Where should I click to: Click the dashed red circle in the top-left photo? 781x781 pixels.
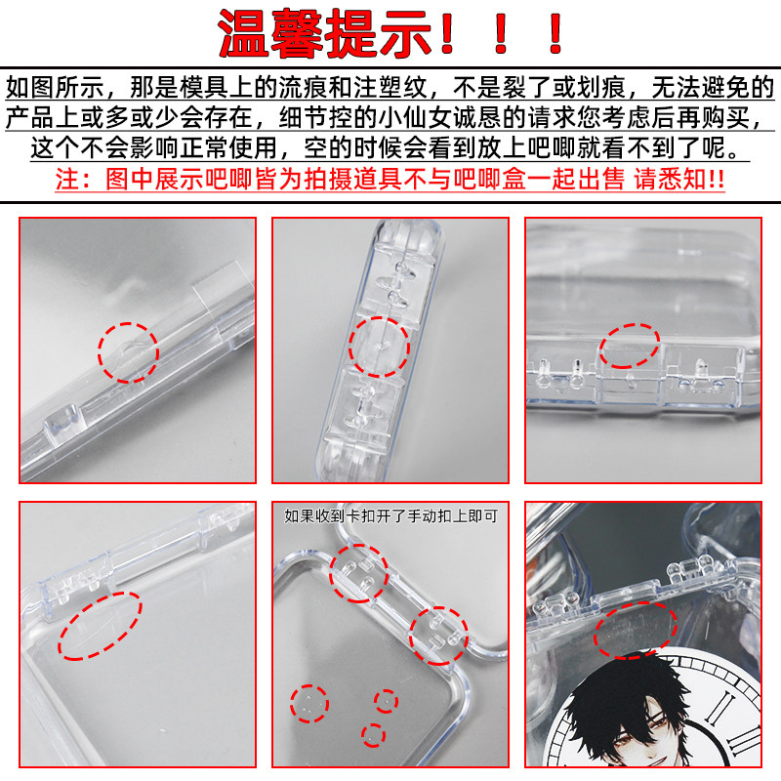point(128,352)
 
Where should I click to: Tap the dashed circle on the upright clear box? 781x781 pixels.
point(378,346)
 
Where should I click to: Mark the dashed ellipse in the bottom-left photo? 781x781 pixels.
point(101,624)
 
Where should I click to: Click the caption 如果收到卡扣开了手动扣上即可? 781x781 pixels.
point(390,515)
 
